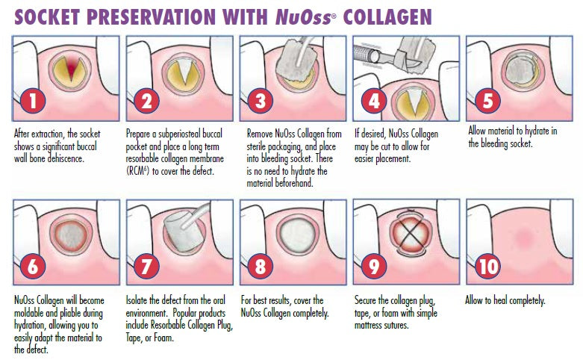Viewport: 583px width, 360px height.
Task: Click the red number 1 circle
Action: pos(33,101)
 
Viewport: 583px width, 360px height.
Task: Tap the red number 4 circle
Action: pos(374,101)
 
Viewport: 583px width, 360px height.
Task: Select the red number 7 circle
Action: pos(146,266)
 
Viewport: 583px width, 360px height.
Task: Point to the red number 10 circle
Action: pos(487,266)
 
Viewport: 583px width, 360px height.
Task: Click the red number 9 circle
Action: pos(374,266)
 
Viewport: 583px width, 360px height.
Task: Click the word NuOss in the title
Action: pos(303,17)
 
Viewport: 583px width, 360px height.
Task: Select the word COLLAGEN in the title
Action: pos(387,16)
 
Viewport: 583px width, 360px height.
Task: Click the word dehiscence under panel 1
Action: pos(66,158)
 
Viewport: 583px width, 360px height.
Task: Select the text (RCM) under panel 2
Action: pos(137,172)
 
